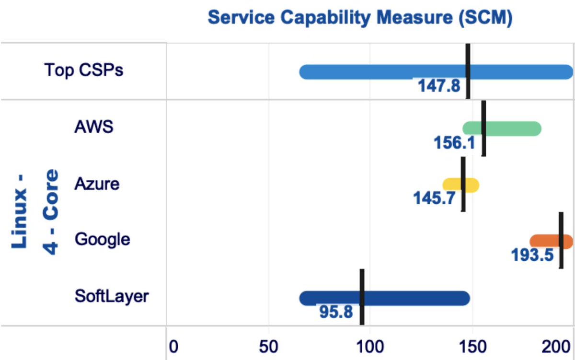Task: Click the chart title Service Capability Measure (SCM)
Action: point(361,18)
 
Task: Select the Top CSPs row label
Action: point(84,70)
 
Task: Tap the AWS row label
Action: point(94,128)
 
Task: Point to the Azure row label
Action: point(97,184)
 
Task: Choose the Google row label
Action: point(103,239)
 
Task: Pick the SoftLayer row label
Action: point(112,296)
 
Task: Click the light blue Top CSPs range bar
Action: point(383,72)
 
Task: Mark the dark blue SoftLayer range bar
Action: point(412,298)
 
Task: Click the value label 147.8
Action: point(439,86)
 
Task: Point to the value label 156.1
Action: point(454,142)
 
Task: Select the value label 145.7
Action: point(434,198)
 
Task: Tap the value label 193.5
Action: point(532,255)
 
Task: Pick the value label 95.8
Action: point(336,312)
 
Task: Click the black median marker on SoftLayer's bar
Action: point(362,297)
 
